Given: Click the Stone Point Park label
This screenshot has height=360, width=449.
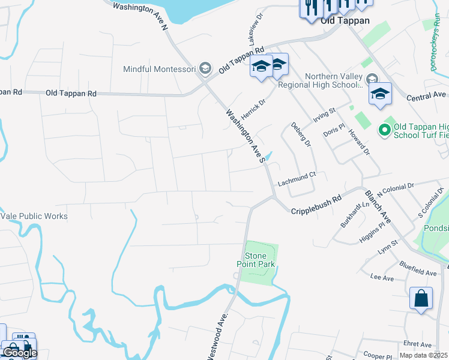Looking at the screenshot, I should pyautogui.click(x=260, y=260).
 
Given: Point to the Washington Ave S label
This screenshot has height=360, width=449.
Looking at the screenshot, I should pyautogui.click(x=246, y=135).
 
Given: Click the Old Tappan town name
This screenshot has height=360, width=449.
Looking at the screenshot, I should pyautogui.click(x=343, y=20).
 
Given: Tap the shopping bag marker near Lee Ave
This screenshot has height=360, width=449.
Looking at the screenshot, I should pyautogui.click(x=421, y=298).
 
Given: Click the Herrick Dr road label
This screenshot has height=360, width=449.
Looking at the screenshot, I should pyautogui.click(x=253, y=109).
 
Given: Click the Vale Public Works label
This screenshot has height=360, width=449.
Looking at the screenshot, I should pyautogui.click(x=34, y=216).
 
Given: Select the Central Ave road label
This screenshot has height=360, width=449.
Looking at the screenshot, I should pyautogui.click(x=426, y=96).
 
